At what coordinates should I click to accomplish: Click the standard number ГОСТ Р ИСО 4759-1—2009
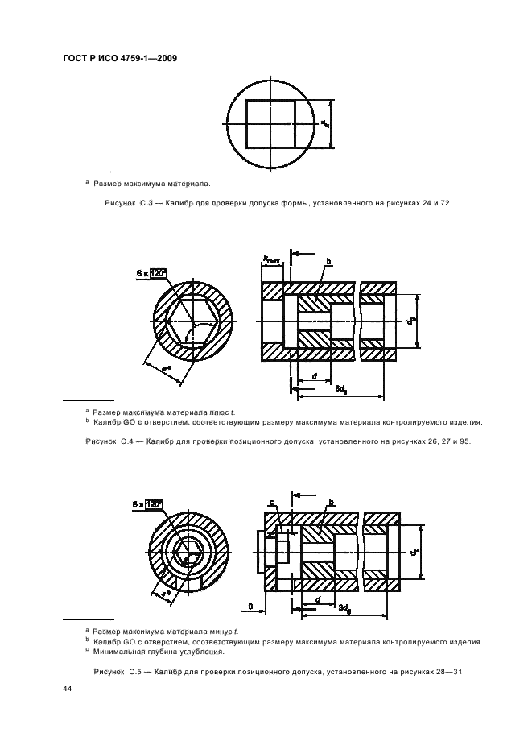click(x=119, y=58)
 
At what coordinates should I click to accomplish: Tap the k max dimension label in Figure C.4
click(x=270, y=259)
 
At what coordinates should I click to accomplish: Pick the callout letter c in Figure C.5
click(x=271, y=503)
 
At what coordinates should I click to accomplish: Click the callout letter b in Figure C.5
click(x=329, y=503)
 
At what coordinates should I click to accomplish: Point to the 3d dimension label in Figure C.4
click(x=340, y=388)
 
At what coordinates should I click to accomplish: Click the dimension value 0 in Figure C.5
click(x=250, y=604)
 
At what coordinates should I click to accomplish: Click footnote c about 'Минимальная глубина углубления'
click(x=153, y=652)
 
